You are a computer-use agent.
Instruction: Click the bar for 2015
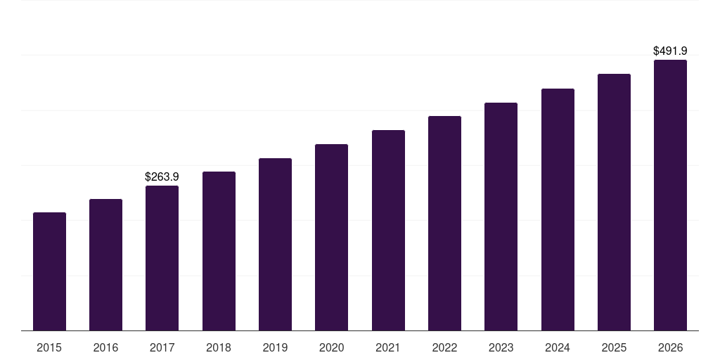49,271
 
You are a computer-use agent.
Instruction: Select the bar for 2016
105,265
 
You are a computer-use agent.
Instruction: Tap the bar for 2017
162,258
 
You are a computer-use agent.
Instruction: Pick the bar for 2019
275,245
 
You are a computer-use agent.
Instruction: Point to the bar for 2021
388,231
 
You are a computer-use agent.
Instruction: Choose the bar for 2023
501,217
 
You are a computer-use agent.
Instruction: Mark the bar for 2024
558,210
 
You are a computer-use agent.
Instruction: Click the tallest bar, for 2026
670,195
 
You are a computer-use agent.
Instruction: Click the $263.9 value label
162,176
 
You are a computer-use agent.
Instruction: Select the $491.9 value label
670,51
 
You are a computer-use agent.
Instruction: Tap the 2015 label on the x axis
49,347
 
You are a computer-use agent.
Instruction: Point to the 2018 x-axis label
219,347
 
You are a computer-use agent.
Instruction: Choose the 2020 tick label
331,347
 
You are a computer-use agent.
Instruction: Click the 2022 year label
444,347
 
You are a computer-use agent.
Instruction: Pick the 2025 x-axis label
614,347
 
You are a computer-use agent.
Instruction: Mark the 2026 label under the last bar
670,347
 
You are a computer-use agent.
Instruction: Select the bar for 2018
219,251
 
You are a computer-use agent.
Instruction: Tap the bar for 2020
331,238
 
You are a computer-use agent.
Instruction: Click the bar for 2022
444,224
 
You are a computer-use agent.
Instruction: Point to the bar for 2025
614,202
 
